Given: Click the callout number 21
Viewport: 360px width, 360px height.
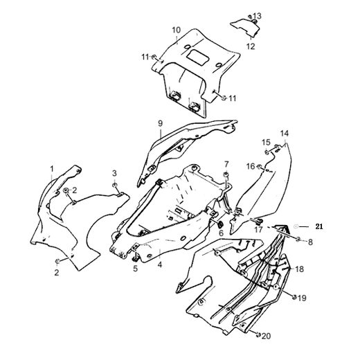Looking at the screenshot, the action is tap(319, 226).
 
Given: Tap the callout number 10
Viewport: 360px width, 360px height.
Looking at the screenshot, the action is tap(177, 30).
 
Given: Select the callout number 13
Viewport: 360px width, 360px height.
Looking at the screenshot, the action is tap(257, 16).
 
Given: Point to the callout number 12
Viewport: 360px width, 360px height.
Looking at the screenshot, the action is tap(251, 46).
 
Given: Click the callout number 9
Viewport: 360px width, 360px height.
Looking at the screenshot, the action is tap(160, 123).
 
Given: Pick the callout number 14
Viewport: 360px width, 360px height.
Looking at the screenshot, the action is tap(285, 134).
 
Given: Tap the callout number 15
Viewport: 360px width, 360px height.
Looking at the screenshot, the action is tap(266, 142).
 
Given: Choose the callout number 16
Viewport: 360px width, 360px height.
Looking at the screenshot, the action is tap(251, 166).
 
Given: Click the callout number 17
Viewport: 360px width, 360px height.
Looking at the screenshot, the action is tap(258, 230).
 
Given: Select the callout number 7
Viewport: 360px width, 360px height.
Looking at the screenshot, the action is tap(226, 164).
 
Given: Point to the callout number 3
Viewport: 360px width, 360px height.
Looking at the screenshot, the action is tap(114, 173).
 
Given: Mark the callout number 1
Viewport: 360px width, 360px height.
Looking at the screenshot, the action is tap(52, 169).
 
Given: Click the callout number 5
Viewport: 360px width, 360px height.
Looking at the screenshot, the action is tap(135, 269).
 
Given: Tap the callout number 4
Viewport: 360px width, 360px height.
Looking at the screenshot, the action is tap(160, 264).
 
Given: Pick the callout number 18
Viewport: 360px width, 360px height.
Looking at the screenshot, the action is tap(300, 269).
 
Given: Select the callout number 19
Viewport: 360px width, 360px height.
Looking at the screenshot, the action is tap(302, 298).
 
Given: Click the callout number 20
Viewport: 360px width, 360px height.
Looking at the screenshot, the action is tap(266, 336).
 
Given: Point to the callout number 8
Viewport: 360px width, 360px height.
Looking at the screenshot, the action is tap(310, 242).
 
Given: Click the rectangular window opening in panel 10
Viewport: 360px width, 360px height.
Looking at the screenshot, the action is tap(198, 57).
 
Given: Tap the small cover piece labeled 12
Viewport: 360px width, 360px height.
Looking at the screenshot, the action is tap(246, 27).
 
